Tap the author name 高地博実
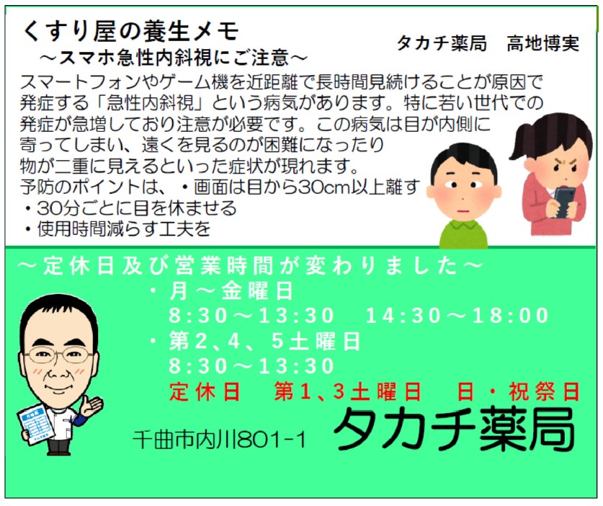542,43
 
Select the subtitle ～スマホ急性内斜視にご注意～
173,58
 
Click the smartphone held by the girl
564,202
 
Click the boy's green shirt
464,234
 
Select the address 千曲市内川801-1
219,439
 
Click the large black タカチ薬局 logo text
454,429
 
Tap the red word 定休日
205,392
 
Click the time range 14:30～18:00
457,316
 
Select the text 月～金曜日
231,290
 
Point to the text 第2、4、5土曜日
264,341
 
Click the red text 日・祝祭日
519,392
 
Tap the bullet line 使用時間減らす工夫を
117,229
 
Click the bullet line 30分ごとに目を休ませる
130,208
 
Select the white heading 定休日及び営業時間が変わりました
250,266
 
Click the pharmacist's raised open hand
92,406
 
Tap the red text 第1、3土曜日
348,392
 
